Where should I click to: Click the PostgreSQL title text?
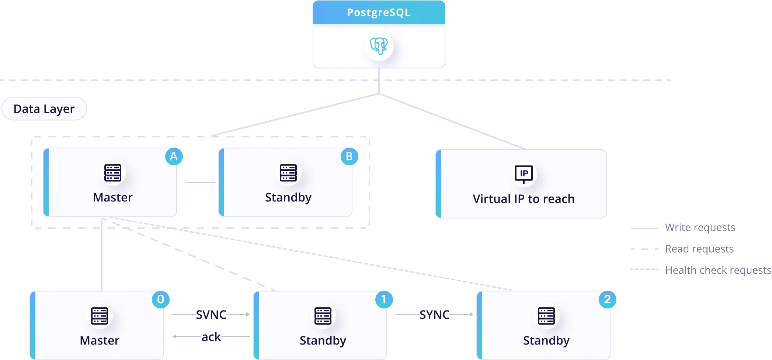[x=379, y=13]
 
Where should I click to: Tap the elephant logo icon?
[x=379, y=46]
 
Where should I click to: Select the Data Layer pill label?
[x=44, y=109]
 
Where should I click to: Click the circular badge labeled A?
[x=174, y=156]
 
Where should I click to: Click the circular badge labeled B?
[x=349, y=156]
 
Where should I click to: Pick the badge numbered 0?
[x=161, y=299]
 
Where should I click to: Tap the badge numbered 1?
[x=384, y=299]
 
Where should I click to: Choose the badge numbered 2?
[x=607, y=299]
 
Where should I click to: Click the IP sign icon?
[x=524, y=173]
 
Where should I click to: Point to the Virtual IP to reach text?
[x=524, y=199]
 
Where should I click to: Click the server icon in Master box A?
[x=113, y=173]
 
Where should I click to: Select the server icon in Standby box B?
[x=288, y=173]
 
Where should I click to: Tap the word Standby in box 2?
[x=546, y=340]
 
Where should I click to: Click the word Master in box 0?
[x=100, y=340]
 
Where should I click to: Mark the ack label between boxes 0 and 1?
[x=211, y=336]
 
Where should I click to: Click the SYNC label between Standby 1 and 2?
[x=435, y=315]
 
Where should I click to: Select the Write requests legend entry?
[x=699, y=228]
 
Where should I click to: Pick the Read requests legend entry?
[x=699, y=249]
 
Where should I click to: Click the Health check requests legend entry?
[x=717, y=270]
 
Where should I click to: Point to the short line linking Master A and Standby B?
[x=199, y=181]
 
